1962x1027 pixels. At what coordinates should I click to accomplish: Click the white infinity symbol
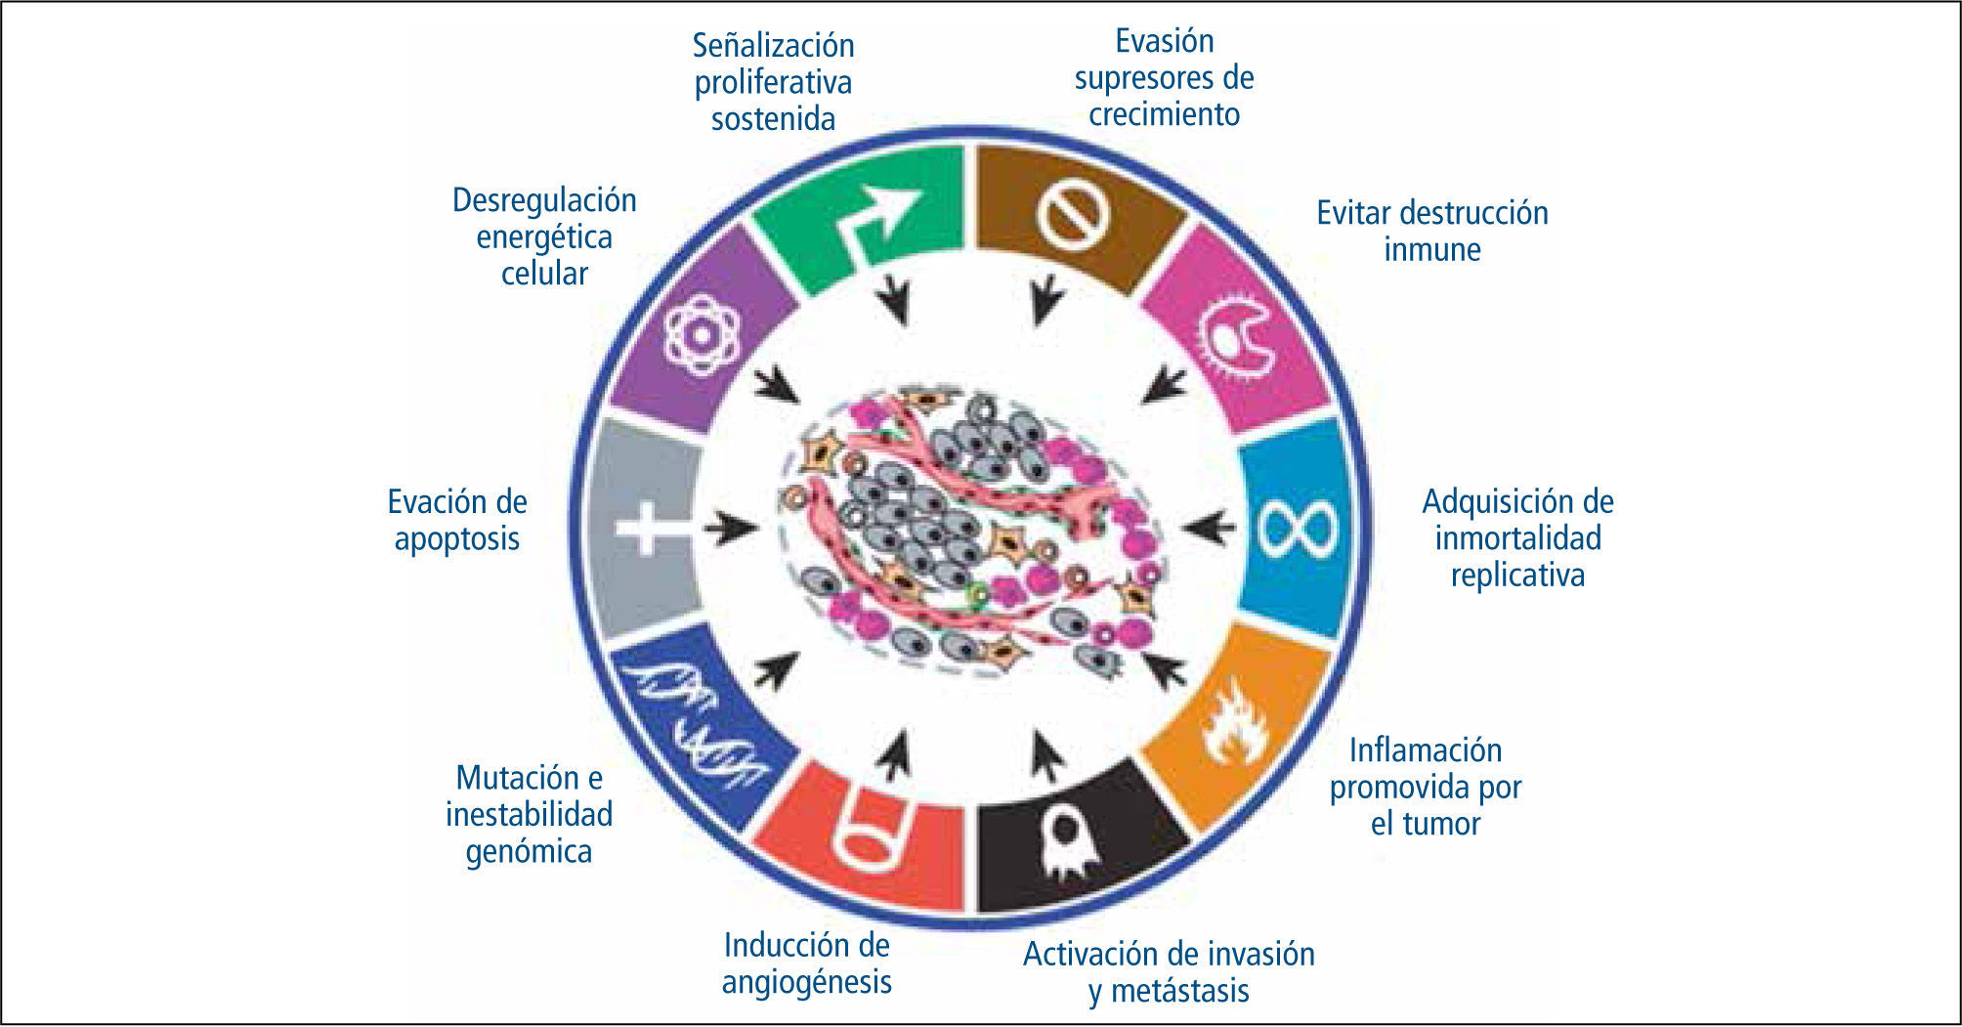(1296, 529)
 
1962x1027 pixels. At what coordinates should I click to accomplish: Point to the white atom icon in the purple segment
(701, 335)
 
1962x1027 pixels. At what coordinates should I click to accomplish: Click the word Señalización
(773, 45)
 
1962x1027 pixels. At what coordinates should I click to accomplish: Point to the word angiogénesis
(806, 982)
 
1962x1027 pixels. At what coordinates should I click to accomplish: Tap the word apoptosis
(456, 538)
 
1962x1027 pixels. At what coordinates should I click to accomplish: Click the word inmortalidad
(1517, 538)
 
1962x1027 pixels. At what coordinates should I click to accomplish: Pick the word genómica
(529, 851)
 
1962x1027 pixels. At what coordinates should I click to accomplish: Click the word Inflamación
(1426, 750)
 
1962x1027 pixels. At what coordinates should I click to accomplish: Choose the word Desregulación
(544, 200)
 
